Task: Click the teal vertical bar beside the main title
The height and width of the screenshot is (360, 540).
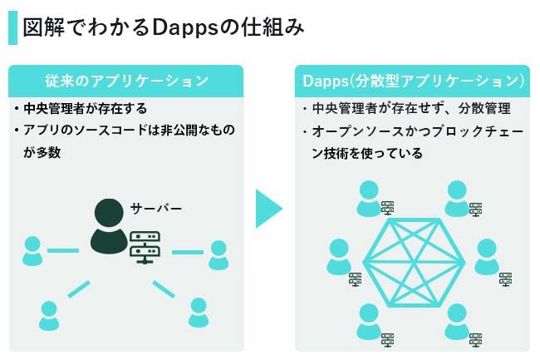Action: pyautogui.click(x=12, y=27)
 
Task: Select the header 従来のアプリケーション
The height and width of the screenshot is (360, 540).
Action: pyautogui.click(x=126, y=81)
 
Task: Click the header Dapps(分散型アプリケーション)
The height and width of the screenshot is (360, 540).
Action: pyautogui.click(x=413, y=81)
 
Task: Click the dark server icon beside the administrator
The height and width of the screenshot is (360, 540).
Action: pyautogui.click(x=145, y=247)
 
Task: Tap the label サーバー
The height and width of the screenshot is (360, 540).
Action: pyautogui.click(x=155, y=207)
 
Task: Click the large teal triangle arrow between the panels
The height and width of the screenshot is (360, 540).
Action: pyautogui.click(x=268, y=209)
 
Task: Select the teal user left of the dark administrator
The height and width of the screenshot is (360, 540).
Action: pyautogui.click(x=32, y=251)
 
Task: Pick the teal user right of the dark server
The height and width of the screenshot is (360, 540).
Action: pyautogui.click(x=218, y=254)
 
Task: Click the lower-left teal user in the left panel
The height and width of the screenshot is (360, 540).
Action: pyautogui.click(x=50, y=315)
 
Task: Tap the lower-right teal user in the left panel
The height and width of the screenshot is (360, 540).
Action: pyautogui.click(x=199, y=312)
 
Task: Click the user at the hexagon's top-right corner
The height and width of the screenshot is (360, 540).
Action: pyautogui.click(x=456, y=198)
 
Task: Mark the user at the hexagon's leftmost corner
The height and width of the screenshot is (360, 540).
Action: pyautogui.click(x=338, y=256)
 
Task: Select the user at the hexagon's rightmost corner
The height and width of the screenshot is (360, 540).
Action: pyautogui.click(x=485, y=256)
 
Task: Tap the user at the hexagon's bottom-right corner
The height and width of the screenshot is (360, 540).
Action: pyautogui.click(x=456, y=321)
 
